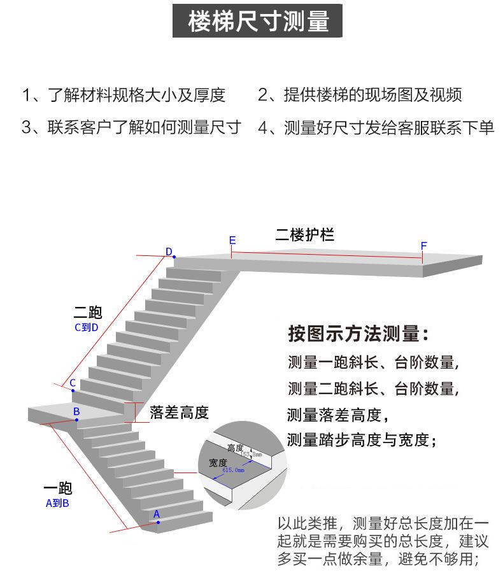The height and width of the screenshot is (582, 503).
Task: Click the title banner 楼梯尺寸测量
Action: [x=258, y=22]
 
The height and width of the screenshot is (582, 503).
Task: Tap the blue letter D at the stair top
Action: [x=169, y=252]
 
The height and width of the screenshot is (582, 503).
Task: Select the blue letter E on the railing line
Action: [x=232, y=241]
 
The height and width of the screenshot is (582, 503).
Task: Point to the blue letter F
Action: [x=423, y=246]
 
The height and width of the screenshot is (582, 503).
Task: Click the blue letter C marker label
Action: [x=73, y=383]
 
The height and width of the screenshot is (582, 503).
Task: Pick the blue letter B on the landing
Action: [x=76, y=412]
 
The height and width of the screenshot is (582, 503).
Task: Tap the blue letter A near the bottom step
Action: [x=157, y=513]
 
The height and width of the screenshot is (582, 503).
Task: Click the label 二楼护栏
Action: [x=304, y=235]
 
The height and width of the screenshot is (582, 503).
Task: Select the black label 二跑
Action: [x=87, y=313]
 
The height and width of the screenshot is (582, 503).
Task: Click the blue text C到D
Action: [x=87, y=328]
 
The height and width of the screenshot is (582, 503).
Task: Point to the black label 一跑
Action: [x=57, y=488]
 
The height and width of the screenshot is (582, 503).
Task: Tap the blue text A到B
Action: [x=57, y=503]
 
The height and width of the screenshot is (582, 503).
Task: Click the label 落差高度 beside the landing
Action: [x=179, y=412]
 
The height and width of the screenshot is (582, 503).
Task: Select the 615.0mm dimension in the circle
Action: [x=234, y=469]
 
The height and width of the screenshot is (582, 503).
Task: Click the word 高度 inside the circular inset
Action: [x=236, y=448]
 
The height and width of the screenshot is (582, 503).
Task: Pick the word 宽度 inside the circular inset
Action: [x=218, y=462]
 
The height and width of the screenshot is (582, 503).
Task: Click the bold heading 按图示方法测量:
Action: [x=358, y=334]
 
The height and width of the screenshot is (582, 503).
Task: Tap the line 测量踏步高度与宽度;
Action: [x=361, y=440]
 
